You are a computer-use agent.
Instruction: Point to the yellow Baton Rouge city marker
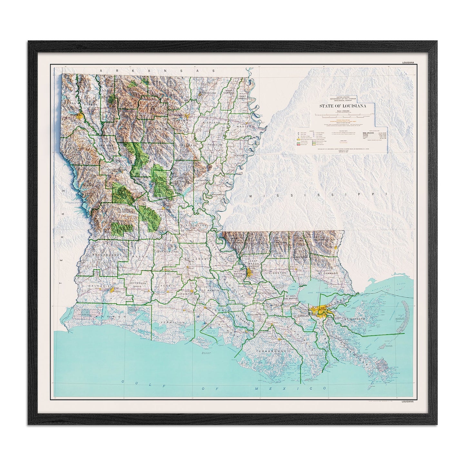[249, 273]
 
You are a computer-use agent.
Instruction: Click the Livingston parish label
[276, 273]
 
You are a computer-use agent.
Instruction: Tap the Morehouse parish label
[207, 93]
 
